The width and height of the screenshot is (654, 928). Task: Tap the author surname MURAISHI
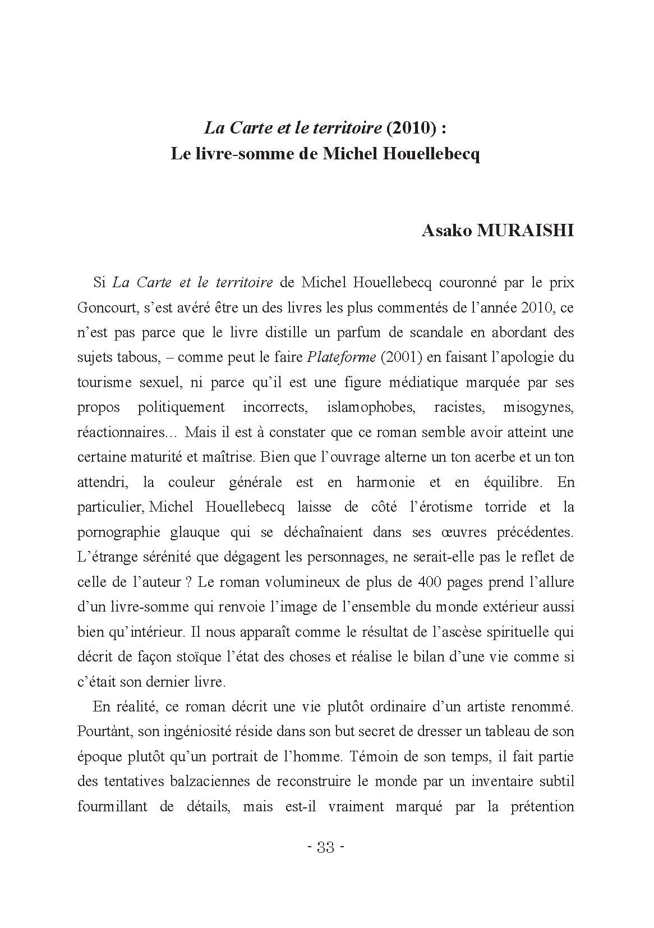pos(524,231)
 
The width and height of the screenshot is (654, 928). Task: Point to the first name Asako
pos(446,231)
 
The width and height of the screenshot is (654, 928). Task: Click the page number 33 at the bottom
pos(326,847)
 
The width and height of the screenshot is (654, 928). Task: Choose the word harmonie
pos(385,482)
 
